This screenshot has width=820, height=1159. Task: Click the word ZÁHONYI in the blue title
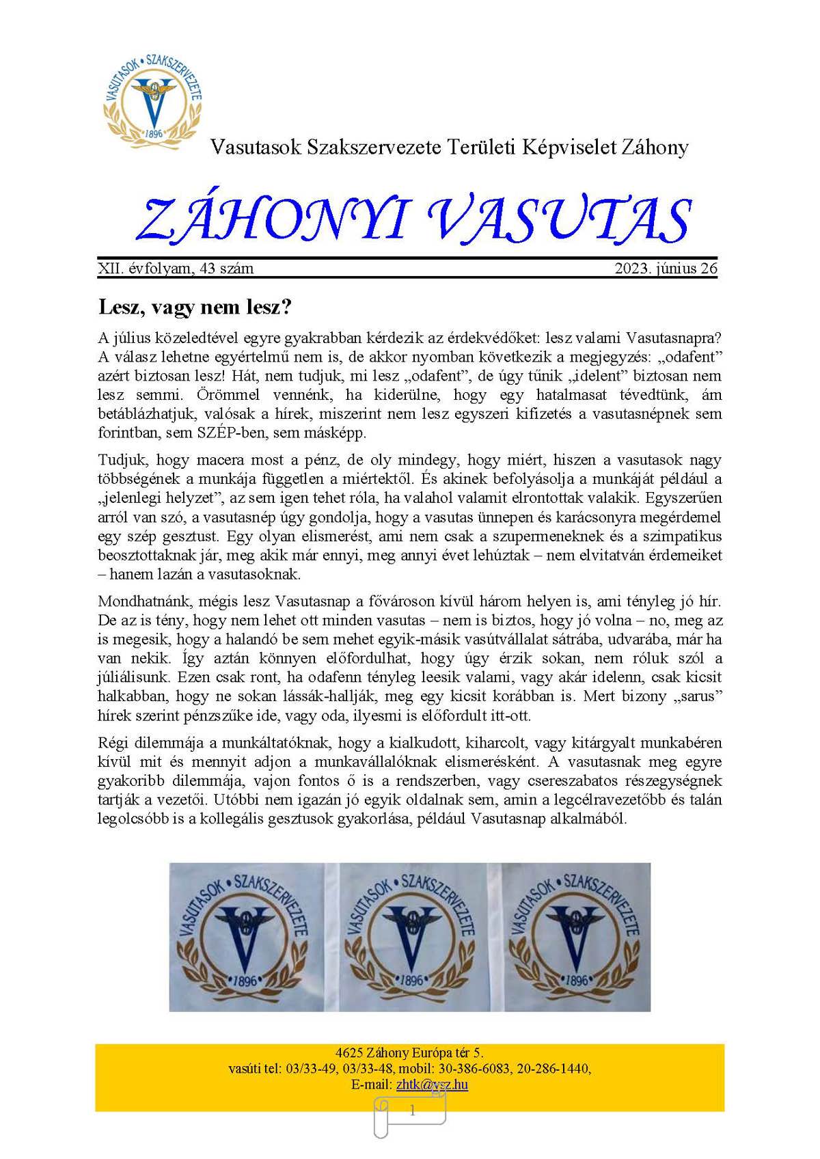point(271,220)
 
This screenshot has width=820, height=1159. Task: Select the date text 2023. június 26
point(666,269)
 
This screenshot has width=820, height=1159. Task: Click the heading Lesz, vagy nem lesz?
point(195,307)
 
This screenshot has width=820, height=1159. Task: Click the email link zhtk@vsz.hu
point(432,1085)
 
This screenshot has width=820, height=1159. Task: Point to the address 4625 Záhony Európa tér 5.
point(410,1052)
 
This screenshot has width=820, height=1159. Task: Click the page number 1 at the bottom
point(412,1112)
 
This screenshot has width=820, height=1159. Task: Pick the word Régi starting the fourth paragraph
point(113,743)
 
